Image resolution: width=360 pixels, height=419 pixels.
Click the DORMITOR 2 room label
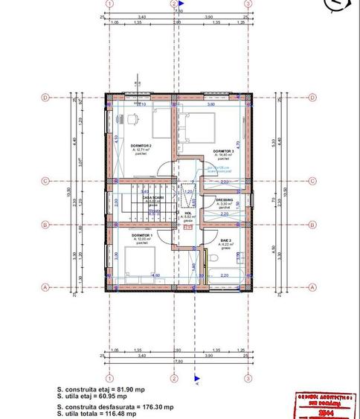(x=141, y=146)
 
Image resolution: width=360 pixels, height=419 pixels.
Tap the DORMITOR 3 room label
(x=223, y=152)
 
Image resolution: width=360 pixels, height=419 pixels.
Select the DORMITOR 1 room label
(x=142, y=234)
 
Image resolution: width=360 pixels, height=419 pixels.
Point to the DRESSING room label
(x=225, y=200)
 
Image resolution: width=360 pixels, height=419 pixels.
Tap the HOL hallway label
(x=188, y=213)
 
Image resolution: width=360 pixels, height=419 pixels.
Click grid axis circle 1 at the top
(x=109, y=4)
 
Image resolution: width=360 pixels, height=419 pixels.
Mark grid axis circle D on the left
(x=45, y=97)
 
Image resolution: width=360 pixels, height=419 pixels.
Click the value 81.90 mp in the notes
(x=130, y=389)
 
